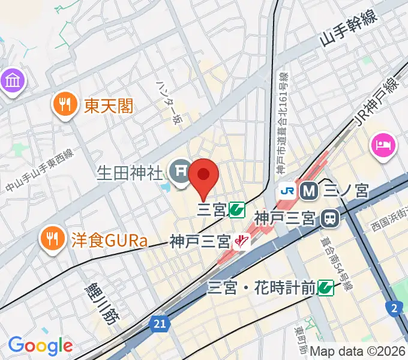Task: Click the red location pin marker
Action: [203, 176]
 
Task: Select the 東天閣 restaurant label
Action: [109, 107]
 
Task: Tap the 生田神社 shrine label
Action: [130, 174]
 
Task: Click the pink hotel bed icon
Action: [383, 145]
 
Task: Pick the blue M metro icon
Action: [310, 191]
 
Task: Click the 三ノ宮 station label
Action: [346, 191]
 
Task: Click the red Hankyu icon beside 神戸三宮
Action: [242, 242]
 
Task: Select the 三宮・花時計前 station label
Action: [261, 288]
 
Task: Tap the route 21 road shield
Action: [158, 324]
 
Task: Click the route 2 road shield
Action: [393, 308]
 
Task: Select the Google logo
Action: [40, 346]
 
